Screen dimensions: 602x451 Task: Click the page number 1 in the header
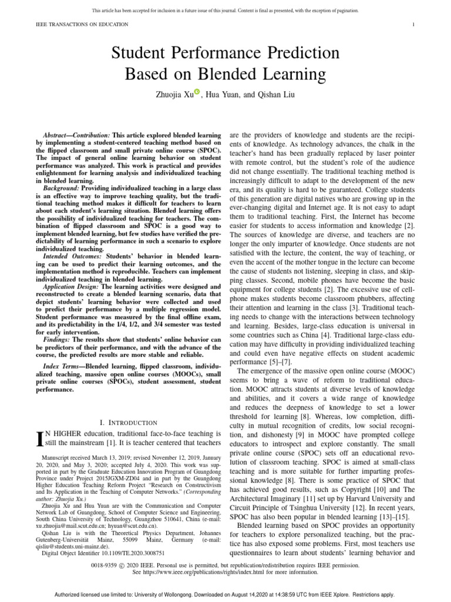[x=414, y=24]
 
